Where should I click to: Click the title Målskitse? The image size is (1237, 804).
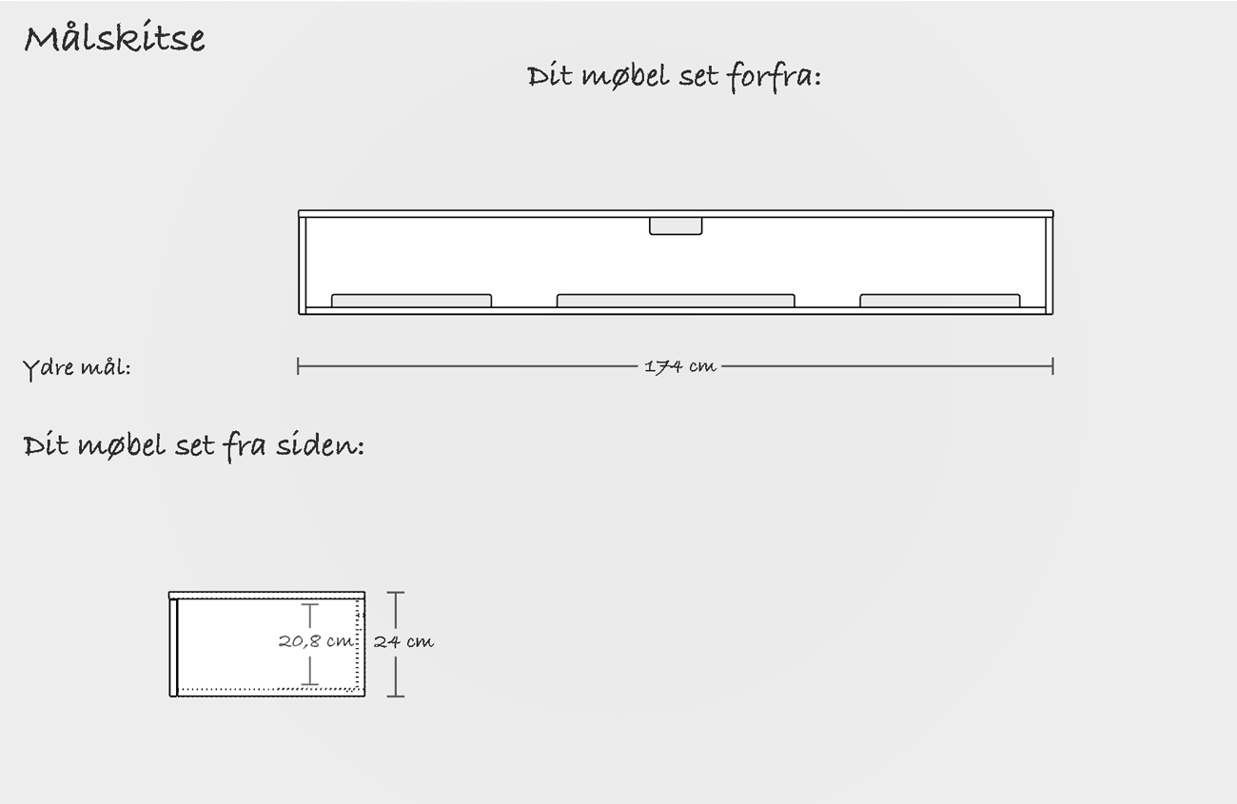(x=114, y=38)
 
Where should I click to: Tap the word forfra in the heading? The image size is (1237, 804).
(x=773, y=76)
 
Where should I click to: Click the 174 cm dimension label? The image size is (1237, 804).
(x=679, y=366)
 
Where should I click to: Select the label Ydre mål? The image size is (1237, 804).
(x=77, y=368)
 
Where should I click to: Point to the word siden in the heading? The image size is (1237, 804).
(x=320, y=445)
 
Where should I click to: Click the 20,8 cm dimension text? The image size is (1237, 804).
(x=316, y=641)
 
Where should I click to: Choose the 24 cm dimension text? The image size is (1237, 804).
(x=403, y=641)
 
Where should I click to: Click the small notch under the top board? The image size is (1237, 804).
(x=676, y=226)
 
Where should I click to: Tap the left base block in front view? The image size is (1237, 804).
(x=411, y=301)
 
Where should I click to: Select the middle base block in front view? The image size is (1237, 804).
(x=676, y=301)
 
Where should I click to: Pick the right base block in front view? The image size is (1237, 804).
(x=940, y=301)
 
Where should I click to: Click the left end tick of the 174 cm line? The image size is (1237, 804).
(x=298, y=366)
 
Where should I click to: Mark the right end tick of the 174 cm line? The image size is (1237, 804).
(x=1053, y=366)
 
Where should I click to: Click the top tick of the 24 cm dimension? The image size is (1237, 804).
(x=396, y=593)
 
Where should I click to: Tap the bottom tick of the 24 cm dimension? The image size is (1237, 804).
(x=396, y=696)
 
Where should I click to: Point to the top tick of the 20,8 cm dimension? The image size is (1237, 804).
(x=310, y=604)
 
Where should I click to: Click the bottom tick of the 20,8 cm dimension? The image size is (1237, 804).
(x=310, y=685)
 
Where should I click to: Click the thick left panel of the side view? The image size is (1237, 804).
(x=173, y=647)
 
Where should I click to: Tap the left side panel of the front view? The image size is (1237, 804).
(x=302, y=265)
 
